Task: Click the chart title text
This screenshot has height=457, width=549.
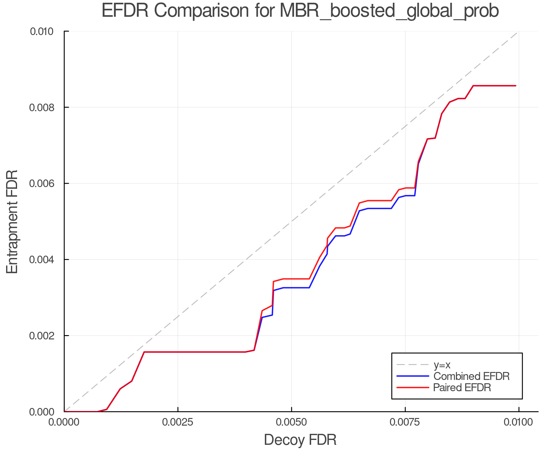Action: point(300,11)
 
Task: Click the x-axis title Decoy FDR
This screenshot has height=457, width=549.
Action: point(300,440)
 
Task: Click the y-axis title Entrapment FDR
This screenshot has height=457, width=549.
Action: point(12,222)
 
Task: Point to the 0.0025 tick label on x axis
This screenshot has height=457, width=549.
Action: point(178,422)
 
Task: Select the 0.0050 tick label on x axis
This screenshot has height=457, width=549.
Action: point(292,422)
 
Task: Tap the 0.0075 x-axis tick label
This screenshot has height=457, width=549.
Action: point(405,422)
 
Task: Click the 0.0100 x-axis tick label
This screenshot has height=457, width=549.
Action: point(518,422)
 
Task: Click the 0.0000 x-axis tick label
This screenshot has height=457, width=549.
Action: point(64,422)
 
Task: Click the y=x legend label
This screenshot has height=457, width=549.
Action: point(442,365)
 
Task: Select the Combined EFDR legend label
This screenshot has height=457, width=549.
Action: point(472,376)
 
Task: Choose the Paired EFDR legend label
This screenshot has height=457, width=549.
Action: point(462,388)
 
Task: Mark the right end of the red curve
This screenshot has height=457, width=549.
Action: point(516,86)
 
